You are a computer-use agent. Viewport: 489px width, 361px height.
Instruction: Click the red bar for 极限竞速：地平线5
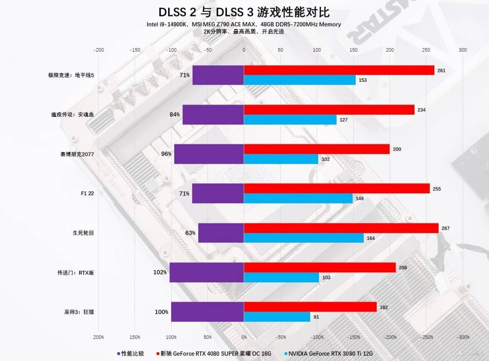(x=339, y=70)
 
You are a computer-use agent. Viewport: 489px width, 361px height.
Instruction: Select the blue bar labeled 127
(x=290, y=120)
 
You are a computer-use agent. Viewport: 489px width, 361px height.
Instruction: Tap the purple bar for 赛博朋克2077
(x=209, y=154)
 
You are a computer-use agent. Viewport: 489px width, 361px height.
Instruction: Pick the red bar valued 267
(x=341, y=228)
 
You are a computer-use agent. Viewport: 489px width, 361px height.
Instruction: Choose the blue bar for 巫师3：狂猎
(x=277, y=317)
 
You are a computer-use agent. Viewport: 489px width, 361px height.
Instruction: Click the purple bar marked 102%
(x=206, y=272)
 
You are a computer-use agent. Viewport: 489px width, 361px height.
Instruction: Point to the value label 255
(x=437, y=189)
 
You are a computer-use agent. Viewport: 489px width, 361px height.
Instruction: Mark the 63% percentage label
(x=190, y=233)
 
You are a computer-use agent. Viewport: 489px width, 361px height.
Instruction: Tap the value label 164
(x=371, y=238)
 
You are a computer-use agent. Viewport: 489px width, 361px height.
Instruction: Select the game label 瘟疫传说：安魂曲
(x=73, y=115)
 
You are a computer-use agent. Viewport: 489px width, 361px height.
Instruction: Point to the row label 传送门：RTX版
(x=75, y=273)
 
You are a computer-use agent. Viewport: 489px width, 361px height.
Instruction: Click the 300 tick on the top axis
(x=463, y=50)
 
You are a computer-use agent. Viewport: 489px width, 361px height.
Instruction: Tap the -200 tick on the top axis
(x=99, y=50)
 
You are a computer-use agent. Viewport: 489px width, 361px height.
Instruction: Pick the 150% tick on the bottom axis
(x=135, y=337)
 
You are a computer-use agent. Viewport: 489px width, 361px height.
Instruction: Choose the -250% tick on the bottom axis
(x=427, y=337)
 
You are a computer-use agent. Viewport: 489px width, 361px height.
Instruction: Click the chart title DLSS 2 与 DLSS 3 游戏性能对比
(x=244, y=12)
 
